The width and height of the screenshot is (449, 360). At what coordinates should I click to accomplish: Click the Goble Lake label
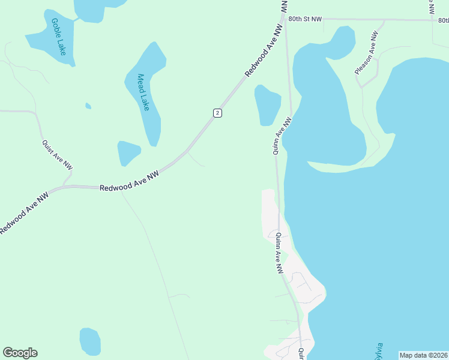coord(59,37)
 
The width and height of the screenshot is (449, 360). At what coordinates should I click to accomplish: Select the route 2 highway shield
coord(217,113)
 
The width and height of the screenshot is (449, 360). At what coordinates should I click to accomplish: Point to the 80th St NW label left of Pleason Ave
coord(304,19)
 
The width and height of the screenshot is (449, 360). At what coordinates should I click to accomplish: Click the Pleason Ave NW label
coord(366,53)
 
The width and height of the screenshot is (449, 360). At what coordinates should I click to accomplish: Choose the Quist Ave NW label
coord(57,155)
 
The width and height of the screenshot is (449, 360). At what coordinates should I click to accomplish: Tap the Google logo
coord(20,353)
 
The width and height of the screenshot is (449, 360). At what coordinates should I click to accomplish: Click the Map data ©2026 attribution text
coord(423,355)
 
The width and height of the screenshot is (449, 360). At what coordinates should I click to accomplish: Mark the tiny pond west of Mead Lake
coord(88,106)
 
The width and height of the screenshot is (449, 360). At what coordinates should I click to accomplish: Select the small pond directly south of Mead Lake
coord(128,152)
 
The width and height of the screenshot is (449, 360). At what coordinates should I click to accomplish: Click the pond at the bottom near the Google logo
coord(89,341)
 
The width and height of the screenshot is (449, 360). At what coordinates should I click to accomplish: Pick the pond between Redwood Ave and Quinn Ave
coord(267,105)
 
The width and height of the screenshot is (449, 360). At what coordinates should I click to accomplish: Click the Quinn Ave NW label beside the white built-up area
coord(279,254)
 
